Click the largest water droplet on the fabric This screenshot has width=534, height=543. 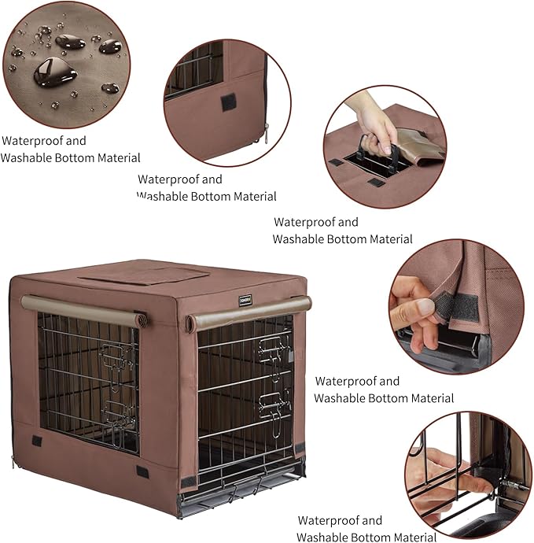point(53,73)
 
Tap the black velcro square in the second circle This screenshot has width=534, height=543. point(227,102)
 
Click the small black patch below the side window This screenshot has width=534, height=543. point(37,440)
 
